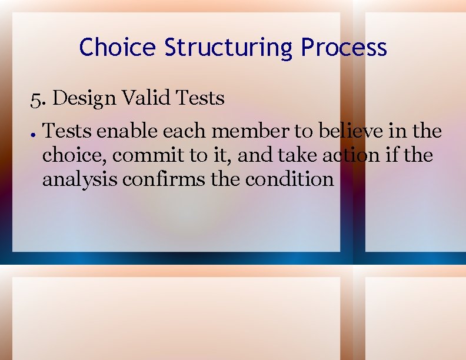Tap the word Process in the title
pos(344,47)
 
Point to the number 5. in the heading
pos(38,98)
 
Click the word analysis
pos(79,179)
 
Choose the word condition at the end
pos(289,179)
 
